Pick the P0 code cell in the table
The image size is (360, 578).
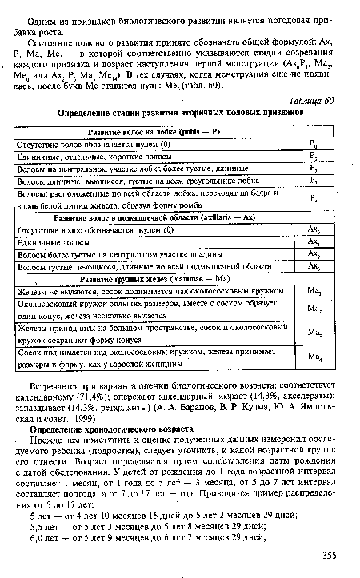[x=314, y=145]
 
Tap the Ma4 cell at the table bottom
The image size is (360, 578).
[x=314, y=360]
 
